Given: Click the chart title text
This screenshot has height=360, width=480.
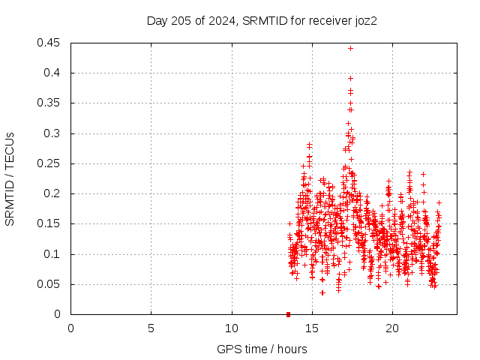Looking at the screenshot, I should point(261,21).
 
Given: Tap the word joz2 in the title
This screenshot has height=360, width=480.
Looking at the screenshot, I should point(364,21).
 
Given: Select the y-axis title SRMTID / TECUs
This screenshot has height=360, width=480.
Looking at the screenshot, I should point(10,178).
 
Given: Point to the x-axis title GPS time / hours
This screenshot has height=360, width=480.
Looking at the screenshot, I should point(262,349).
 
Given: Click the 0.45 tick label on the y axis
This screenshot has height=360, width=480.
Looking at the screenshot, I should point(51,43).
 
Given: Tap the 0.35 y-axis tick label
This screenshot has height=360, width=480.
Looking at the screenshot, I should point(51,103).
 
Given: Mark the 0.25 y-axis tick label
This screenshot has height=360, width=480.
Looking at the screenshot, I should point(51,163).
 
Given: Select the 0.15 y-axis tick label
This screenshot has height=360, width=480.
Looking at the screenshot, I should point(51,223).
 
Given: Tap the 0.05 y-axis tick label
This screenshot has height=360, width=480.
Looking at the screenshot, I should point(51,284).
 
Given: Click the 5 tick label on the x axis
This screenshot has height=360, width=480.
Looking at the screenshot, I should point(151,328).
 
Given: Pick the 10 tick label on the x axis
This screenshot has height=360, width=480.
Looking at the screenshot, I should point(232,328).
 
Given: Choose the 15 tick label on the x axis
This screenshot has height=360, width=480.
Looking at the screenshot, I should point(312,328).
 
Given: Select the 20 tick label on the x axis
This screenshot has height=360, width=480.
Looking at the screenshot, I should point(392,328).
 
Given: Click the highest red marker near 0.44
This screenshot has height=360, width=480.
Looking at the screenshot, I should point(350,48).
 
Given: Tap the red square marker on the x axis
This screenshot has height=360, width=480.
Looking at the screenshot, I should point(288,314).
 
